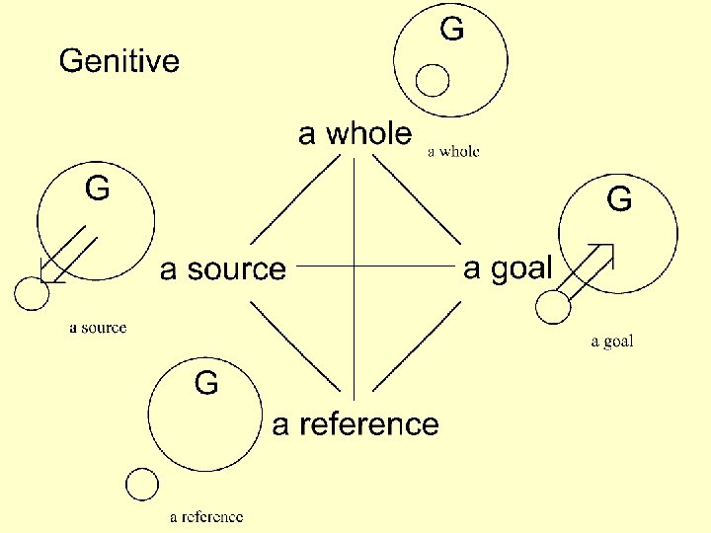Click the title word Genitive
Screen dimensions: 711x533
[119, 62]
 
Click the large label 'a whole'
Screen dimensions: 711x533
[355, 134]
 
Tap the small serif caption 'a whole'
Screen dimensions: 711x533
[453, 152]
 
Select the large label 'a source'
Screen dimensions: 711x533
[222, 268]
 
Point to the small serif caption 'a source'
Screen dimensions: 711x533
[98, 328]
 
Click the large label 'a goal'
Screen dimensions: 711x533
[509, 267]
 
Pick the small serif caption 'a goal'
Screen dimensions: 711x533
[612, 342]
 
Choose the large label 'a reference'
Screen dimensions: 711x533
[355, 424]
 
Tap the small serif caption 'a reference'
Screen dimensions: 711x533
[206, 516]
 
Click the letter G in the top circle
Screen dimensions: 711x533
[451, 30]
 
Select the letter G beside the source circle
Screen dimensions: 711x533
[97, 188]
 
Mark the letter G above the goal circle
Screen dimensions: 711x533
[619, 200]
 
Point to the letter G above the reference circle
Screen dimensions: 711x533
[206, 382]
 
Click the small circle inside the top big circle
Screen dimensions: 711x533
[432, 80]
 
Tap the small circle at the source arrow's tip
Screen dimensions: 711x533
[31, 292]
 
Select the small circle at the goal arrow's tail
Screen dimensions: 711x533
[553, 307]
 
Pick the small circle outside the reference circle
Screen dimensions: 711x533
[142, 485]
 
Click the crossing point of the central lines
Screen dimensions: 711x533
[354, 266]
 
